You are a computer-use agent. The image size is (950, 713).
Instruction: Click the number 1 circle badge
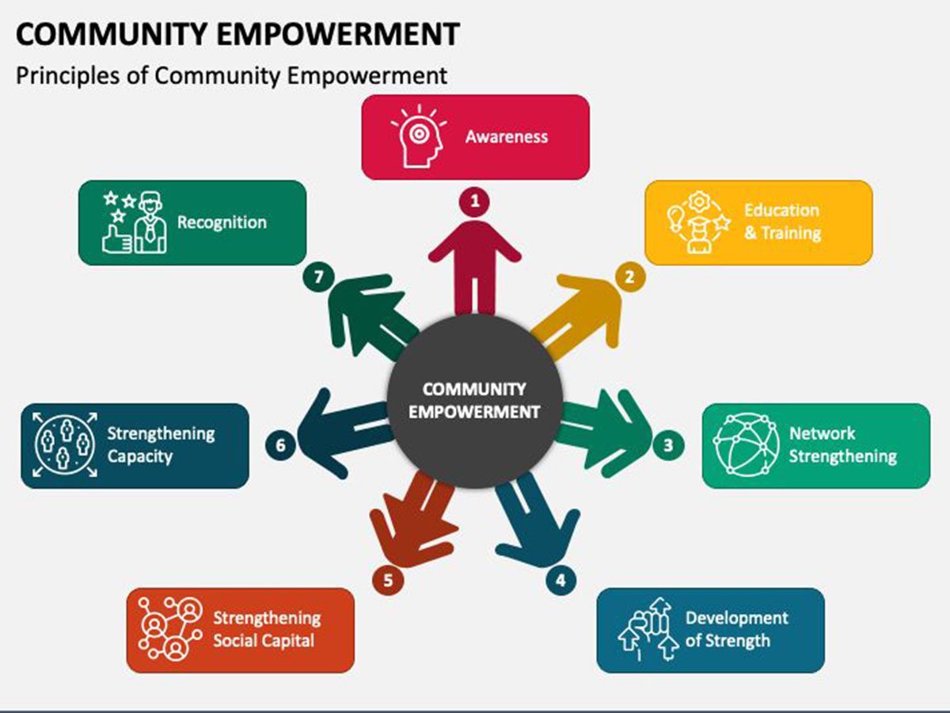474,201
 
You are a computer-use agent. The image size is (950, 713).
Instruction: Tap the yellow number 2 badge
629,276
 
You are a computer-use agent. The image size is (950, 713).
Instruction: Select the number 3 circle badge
668,445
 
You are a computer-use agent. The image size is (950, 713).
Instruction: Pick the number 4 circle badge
561,580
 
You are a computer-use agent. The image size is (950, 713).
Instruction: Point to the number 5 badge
388,580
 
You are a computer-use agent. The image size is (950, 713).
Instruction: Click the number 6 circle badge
280,445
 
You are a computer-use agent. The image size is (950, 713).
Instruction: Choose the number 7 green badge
318,276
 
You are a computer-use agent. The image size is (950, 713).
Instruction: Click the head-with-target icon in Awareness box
419,136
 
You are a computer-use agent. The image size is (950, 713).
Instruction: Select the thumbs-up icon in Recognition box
116,239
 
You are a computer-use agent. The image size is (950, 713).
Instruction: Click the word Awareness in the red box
507,137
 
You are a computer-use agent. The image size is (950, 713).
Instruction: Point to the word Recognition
222,223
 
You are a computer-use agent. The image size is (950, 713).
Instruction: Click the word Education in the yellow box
781,211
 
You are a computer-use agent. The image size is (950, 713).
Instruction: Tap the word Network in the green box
822,433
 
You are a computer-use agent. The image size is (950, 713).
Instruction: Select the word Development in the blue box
736,618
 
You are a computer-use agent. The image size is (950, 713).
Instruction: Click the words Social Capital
264,641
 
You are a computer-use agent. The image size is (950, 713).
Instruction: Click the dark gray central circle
475,401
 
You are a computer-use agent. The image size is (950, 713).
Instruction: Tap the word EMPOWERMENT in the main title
337,34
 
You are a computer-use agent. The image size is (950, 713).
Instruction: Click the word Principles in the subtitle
68,76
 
